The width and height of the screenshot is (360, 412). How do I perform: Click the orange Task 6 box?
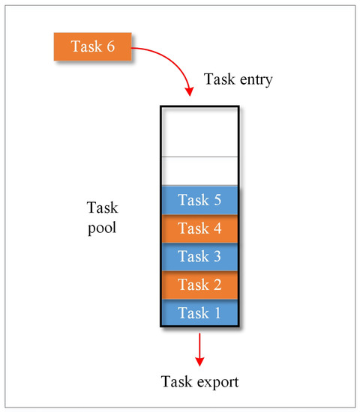pos(94,46)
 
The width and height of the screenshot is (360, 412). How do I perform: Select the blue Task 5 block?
pos(199,200)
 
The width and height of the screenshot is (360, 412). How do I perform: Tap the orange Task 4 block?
pos(199,228)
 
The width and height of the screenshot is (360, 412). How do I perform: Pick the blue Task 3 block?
pos(199,256)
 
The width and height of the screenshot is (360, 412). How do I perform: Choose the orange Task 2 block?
pos(199,285)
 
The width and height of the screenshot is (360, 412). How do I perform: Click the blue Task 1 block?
pos(199,312)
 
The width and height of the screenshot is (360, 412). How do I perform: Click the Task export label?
pos(200,382)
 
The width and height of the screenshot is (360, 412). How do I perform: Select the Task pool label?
pos(102,216)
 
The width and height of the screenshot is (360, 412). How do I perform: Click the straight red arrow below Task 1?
pos(199,346)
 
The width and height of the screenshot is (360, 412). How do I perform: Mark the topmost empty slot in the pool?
pos(199,132)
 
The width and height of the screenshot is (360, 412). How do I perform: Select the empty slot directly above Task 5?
pos(199,170)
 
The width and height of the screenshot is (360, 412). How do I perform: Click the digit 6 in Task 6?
pos(112,46)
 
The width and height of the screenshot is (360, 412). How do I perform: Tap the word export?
pos(219,383)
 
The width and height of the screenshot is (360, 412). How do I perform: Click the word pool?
pos(102,226)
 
